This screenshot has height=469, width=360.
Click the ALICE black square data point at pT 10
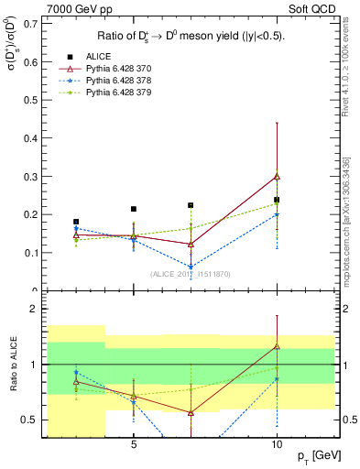click(x=277, y=200)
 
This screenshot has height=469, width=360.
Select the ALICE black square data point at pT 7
click(x=191, y=205)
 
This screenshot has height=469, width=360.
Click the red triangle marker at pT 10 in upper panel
click(x=277, y=176)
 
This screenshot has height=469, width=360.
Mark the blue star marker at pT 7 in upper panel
click(x=191, y=267)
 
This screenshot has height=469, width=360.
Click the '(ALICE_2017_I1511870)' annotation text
click(x=190, y=273)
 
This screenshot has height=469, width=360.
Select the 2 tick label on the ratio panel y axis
click(x=35, y=310)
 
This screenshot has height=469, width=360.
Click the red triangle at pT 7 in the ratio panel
click(x=191, y=413)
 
